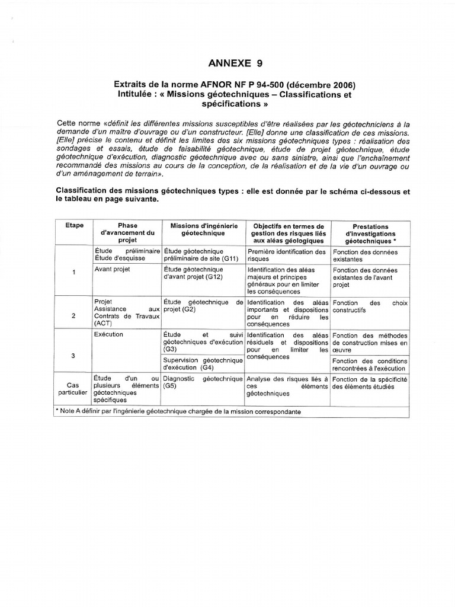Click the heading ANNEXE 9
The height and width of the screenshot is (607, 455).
(235, 63)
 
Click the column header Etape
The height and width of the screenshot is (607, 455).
(74, 226)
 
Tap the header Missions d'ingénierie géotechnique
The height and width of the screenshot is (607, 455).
(203, 229)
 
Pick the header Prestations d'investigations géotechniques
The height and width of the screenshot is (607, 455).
(370, 234)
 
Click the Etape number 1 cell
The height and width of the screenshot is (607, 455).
(73, 273)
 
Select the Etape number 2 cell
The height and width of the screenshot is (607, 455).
(73, 316)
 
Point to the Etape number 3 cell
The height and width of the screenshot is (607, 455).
(73, 356)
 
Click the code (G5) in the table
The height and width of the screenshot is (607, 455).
(171, 386)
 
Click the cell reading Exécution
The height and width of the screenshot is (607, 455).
(108, 334)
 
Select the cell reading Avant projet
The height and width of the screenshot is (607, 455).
(113, 269)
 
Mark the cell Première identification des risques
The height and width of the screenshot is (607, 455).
(287, 255)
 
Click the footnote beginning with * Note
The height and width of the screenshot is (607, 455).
(178, 411)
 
